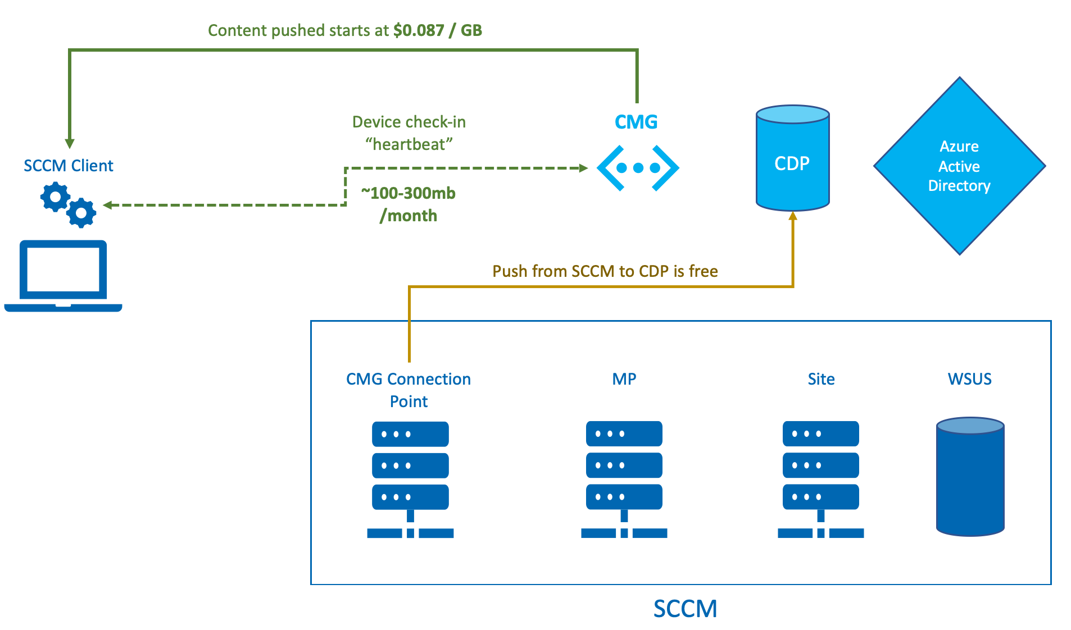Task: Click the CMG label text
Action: click(x=636, y=122)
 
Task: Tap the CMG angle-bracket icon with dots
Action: click(x=638, y=168)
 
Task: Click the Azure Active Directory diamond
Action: click(x=959, y=166)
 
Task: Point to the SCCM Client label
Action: click(x=69, y=166)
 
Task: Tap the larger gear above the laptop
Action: click(x=55, y=197)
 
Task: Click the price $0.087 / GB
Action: click(x=437, y=30)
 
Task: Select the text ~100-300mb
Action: click(x=409, y=193)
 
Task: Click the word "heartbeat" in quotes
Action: click(x=409, y=145)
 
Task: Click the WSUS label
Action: click(x=969, y=379)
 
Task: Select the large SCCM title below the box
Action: click(x=685, y=609)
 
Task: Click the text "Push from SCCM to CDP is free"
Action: click(x=605, y=271)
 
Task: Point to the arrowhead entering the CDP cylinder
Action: click(x=793, y=216)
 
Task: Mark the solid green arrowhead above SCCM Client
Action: click(x=70, y=144)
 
